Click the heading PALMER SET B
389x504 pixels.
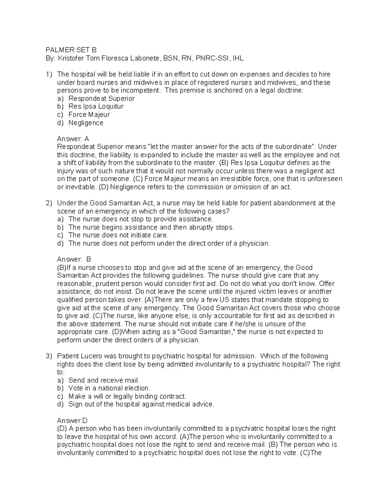pos(71,50)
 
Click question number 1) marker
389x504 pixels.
pos(49,74)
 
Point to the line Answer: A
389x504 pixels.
pos(73,139)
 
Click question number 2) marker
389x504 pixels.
pos(49,203)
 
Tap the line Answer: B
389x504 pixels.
pos(74,259)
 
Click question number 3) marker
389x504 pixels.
pos(49,356)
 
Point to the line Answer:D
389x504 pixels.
pos(72,421)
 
